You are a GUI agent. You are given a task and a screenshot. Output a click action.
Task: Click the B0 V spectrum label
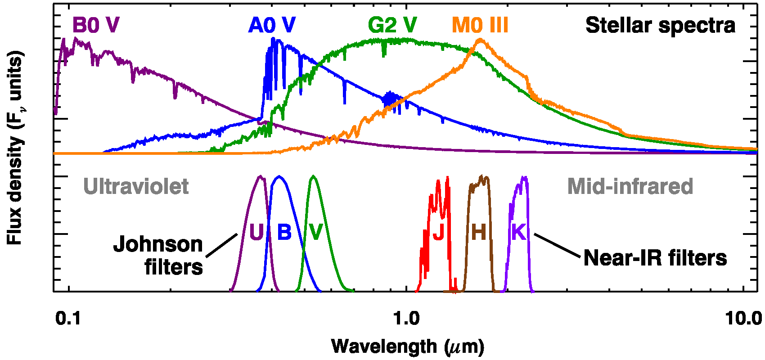point(96,25)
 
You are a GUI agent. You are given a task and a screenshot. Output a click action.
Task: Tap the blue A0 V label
point(272,25)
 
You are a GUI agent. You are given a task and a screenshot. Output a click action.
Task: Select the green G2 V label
point(392,25)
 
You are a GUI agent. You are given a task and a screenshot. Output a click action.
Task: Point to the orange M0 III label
point(480,25)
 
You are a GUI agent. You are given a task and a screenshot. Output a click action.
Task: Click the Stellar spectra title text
point(660,25)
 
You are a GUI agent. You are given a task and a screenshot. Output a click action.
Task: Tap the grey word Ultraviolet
point(136,186)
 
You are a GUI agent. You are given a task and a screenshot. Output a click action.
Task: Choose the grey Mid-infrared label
point(630,186)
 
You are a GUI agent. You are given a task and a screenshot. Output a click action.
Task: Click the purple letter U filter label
point(256,232)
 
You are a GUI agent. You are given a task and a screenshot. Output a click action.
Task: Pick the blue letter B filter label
point(284,232)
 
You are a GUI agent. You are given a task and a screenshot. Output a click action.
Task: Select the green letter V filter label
point(316,232)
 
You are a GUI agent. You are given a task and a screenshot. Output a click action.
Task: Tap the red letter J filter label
point(438,232)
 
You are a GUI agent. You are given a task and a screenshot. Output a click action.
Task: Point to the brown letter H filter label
point(479,232)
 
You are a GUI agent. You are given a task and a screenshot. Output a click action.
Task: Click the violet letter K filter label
point(519,232)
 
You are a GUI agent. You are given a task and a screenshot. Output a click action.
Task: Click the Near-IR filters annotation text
point(655,258)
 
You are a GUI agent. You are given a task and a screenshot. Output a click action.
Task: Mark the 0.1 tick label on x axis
point(68,319)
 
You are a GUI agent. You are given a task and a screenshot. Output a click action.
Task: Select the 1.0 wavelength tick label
point(406,319)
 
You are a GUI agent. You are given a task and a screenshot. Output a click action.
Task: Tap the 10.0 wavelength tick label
point(743,319)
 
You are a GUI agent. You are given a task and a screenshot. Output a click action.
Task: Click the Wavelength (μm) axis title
point(408,346)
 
